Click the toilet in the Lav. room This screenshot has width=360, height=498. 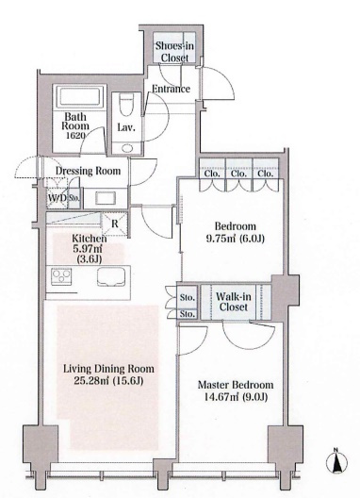(126, 106)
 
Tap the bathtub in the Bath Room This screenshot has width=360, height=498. (79, 97)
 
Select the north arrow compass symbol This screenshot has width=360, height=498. (336, 461)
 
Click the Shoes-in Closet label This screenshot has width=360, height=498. (174, 52)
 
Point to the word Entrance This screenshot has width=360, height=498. (171, 89)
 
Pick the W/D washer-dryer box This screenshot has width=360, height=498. (57, 198)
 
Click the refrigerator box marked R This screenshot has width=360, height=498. (114, 224)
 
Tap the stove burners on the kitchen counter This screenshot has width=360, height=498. (61, 276)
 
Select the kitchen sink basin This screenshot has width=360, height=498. (111, 277)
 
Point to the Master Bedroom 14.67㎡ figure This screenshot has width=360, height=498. (213, 397)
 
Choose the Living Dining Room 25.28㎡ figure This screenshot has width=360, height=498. (91, 380)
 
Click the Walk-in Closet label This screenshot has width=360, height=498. (234, 302)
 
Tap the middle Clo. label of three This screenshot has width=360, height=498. (238, 174)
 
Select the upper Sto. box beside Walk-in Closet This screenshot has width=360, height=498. (187, 297)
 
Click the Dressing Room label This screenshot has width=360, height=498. (89, 171)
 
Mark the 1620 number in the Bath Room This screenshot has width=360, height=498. (75, 136)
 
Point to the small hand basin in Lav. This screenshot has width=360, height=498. (127, 148)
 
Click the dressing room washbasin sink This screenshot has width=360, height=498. (106, 198)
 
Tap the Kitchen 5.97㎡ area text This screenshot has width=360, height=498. (90, 248)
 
